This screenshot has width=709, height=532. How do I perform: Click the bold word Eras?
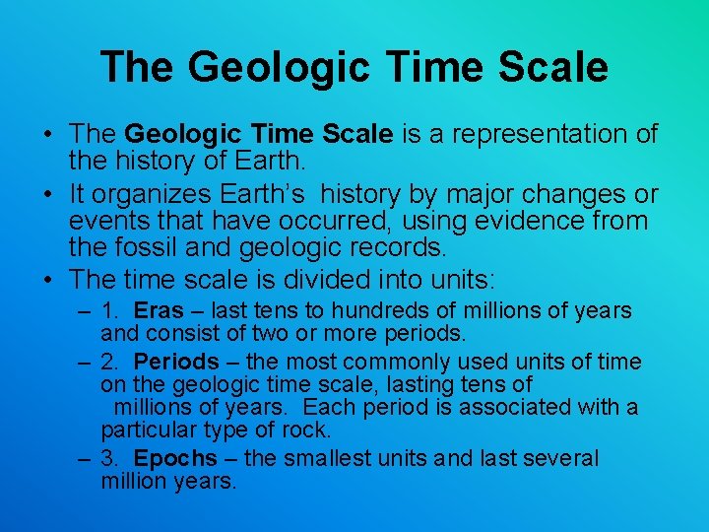[159, 311]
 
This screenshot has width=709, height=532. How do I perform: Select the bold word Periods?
[176, 362]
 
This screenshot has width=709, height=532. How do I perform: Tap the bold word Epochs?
[175, 458]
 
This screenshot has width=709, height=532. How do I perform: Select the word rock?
[309, 431]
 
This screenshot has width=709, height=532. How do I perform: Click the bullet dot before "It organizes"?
[48, 195]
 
